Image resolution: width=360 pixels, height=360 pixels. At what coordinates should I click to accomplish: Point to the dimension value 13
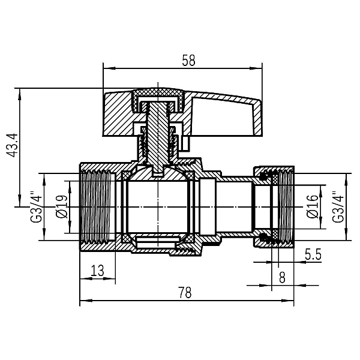coord(97,271)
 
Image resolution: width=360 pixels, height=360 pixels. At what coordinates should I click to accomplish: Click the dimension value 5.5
coord(313,254)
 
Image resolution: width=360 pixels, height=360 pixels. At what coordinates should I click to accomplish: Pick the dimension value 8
coord(281,277)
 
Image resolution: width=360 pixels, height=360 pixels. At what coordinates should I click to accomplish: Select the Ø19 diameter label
coord(60,207)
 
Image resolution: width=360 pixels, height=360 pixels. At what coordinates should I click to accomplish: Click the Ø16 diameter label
coord(312,207)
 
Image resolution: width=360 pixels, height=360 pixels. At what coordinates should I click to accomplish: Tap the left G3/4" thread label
coord(37,207)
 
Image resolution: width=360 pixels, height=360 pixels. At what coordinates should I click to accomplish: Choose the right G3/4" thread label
coord(338,207)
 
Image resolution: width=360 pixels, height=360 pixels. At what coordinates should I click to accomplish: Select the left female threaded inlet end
coord(99,207)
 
